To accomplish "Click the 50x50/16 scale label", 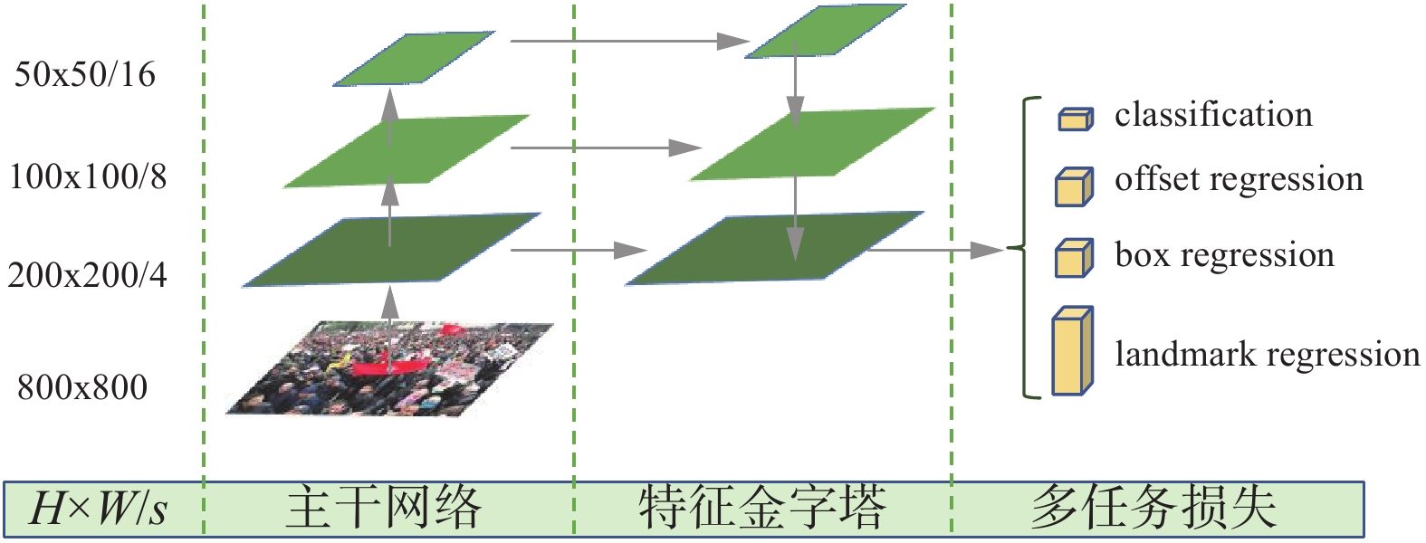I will click(x=85, y=74).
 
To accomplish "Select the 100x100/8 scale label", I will click(x=89, y=176).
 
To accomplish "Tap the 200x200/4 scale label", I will click(x=88, y=274).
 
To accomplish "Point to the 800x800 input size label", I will click(x=82, y=387).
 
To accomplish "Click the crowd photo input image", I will click(x=389, y=368).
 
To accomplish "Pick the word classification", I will click(x=1213, y=115).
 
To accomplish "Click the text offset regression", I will click(x=1239, y=179).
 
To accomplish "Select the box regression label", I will click(x=1224, y=255).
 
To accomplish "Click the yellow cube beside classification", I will click(x=1075, y=118).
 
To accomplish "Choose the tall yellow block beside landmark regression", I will click(x=1072, y=352).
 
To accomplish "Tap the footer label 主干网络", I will click(x=384, y=509).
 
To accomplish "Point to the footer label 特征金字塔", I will click(x=761, y=509).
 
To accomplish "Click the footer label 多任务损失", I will click(x=1154, y=509).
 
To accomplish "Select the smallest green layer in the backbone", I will click(x=414, y=60).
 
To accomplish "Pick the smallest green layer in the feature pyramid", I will click(x=825, y=32).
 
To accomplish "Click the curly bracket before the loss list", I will click(x=1026, y=247).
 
